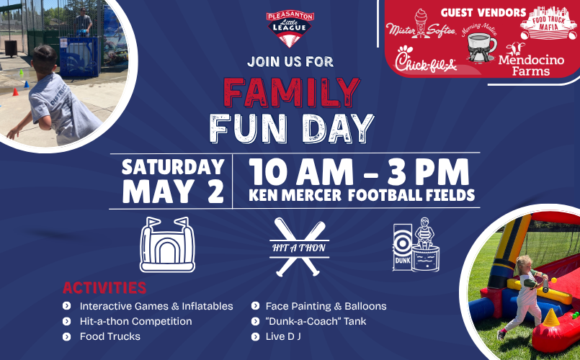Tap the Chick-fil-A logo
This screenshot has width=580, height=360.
427,60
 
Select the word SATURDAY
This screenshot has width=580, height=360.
173,167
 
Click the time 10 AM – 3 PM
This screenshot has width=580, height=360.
358,171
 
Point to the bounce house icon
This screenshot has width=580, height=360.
167,244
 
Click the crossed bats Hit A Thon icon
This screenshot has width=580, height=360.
299,247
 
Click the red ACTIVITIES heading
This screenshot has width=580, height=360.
104,288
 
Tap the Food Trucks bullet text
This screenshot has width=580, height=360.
110,336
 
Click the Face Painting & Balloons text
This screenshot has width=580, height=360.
326,306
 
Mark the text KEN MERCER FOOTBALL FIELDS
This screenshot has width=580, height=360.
361,195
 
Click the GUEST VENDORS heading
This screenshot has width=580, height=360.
483,12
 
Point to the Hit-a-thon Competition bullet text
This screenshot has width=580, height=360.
135,321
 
